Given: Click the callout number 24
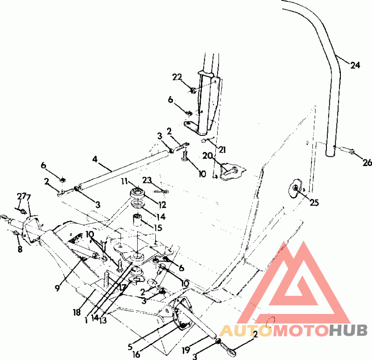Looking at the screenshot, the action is (x=355, y=66).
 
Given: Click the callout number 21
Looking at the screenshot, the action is (x=223, y=149).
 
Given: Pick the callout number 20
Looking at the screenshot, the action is (x=207, y=156).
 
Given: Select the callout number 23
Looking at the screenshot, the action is (x=147, y=179).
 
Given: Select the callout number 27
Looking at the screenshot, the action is (x=20, y=196).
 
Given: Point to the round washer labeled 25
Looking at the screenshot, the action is (x=296, y=188).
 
